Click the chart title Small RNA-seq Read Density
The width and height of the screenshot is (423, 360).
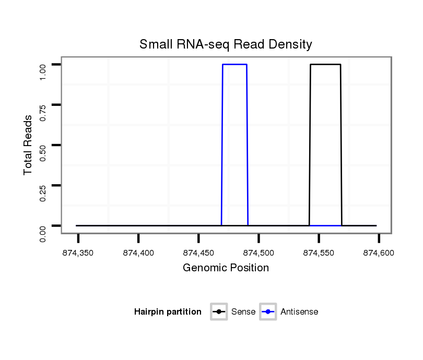tap(226, 44)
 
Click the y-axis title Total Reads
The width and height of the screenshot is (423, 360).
tap(28, 145)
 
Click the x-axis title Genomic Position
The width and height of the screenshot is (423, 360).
tap(226, 268)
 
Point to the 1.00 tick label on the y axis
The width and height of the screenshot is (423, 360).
tap(43, 71)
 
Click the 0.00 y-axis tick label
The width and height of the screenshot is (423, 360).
tap(43, 233)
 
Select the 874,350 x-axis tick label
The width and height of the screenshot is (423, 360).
tap(78, 254)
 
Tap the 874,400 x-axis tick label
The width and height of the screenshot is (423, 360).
tap(138, 254)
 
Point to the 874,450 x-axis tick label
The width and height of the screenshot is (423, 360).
tap(198, 254)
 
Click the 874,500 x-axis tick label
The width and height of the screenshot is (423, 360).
tap(259, 254)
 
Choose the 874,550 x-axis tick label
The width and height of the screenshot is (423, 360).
tap(319, 254)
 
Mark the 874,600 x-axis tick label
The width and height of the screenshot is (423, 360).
tap(379, 254)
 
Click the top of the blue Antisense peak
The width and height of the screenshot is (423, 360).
tap(234, 65)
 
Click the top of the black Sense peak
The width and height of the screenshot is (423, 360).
tap(325, 65)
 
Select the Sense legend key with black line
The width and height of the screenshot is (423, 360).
tap(219, 312)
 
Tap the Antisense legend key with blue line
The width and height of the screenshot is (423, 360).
tap(267, 312)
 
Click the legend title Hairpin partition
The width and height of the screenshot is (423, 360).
tap(168, 312)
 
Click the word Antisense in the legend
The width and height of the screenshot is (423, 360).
tap(299, 312)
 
